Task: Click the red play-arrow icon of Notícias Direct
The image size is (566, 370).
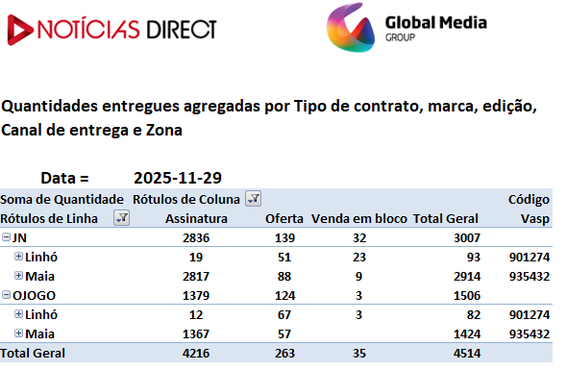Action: click(19, 30)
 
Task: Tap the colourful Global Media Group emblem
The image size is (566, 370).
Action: click(351, 28)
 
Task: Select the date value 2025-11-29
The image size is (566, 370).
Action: click(178, 178)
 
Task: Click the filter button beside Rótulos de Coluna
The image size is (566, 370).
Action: click(254, 199)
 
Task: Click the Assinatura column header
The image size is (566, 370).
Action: click(196, 218)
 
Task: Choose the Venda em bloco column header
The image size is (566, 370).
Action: click(359, 218)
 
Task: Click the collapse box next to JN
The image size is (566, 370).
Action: click(6, 236)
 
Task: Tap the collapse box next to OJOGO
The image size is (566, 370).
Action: click(6, 294)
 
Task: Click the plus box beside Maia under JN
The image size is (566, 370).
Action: click(18, 276)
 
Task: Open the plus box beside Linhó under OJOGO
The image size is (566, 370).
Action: click(18, 314)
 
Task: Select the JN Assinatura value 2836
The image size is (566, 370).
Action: click(196, 238)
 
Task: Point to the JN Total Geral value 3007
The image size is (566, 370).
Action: click(467, 238)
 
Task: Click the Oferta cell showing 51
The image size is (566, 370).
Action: click(284, 257)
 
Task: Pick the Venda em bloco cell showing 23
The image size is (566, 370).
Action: click(359, 257)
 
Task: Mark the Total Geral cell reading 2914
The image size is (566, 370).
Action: click(467, 276)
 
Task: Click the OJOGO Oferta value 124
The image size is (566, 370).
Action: click(284, 296)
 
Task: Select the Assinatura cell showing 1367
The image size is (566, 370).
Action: click(196, 333)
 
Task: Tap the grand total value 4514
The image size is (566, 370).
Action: click(467, 353)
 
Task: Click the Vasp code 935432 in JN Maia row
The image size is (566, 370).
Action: click(529, 276)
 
